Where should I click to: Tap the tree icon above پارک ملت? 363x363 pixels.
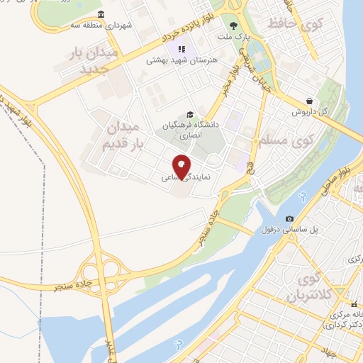233,26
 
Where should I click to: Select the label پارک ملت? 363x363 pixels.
233,36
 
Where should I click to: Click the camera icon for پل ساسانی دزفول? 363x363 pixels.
289,219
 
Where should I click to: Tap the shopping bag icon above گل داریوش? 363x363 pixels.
309,101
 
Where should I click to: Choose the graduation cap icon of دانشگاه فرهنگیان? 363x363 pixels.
189,115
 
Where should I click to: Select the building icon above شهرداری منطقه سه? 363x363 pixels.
101,15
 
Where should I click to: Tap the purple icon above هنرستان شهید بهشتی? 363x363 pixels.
181,49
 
